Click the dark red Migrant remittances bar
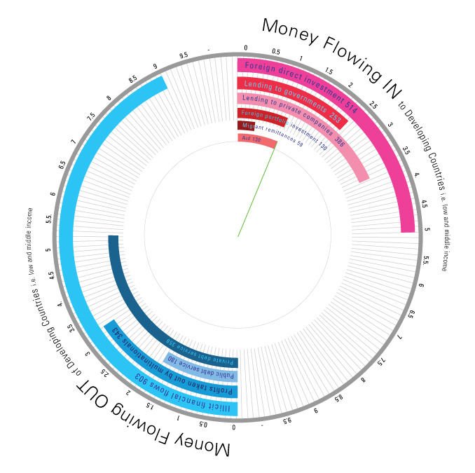(245, 125)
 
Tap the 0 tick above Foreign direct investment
(245, 48)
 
